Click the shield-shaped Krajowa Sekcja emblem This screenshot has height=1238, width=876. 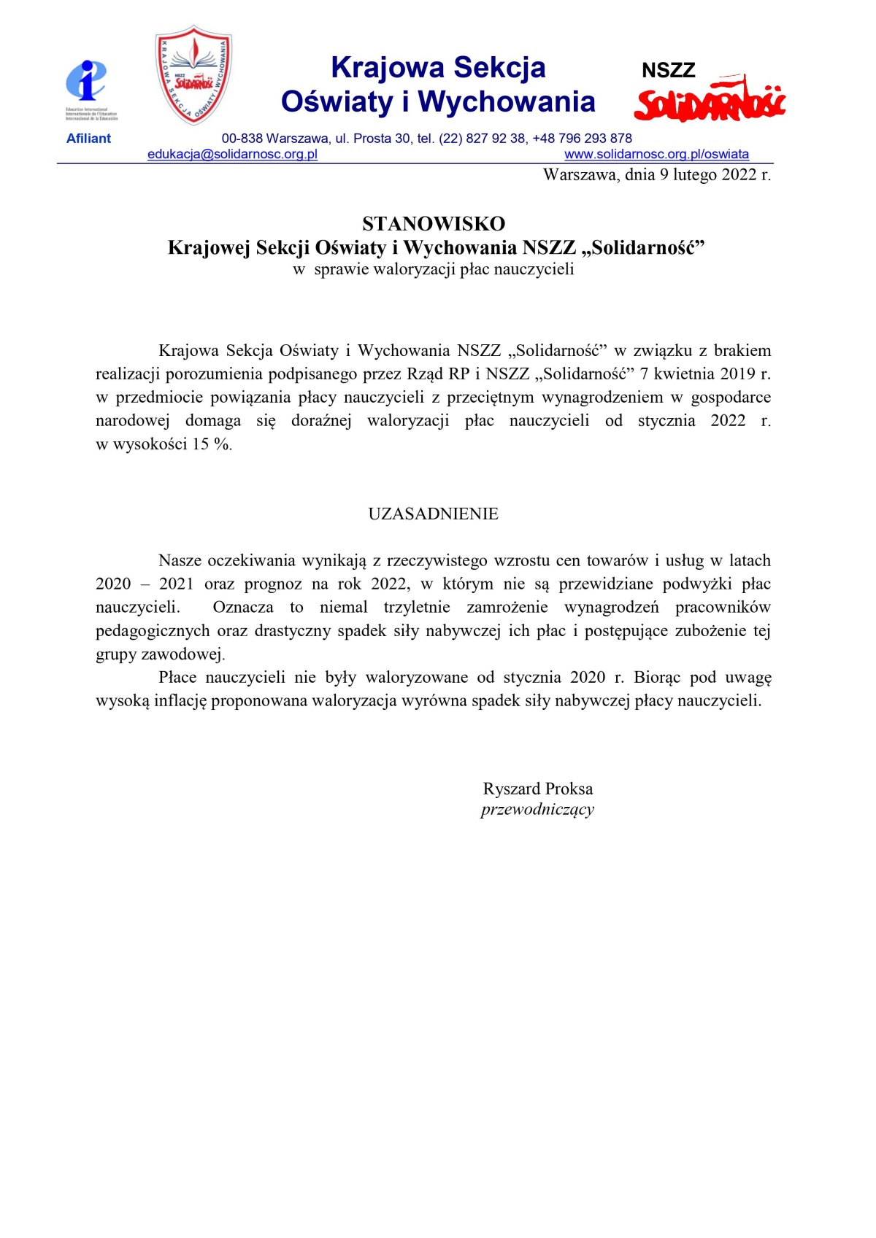tap(193, 74)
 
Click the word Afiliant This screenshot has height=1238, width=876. tap(88, 139)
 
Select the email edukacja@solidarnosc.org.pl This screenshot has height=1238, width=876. tap(232, 155)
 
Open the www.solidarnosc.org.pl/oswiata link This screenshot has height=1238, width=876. tap(656, 155)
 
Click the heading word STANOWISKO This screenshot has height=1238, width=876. tap(434, 223)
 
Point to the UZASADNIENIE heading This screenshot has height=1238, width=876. tap(433, 514)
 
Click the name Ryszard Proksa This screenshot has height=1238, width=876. tap(537, 789)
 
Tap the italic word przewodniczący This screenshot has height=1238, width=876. tap(537, 809)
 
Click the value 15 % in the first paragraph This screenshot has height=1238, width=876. tap(211, 444)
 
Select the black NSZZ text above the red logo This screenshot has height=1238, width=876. tap(668, 71)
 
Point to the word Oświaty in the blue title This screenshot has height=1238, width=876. tap(337, 101)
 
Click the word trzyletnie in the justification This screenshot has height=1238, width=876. tap(417, 607)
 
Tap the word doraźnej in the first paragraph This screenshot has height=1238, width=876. tap(321, 420)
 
